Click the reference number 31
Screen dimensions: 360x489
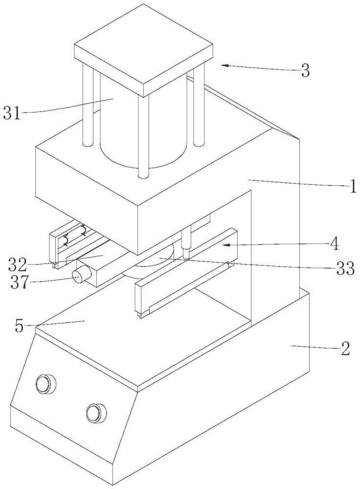click(12, 112)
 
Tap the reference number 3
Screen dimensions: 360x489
click(305, 71)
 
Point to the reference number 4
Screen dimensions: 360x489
click(334, 244)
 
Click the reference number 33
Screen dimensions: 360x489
click(345, 268)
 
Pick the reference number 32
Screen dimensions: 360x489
click(17, 265)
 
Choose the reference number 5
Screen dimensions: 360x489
click(20, 326)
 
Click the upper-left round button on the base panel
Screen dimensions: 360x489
click(45, 383)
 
